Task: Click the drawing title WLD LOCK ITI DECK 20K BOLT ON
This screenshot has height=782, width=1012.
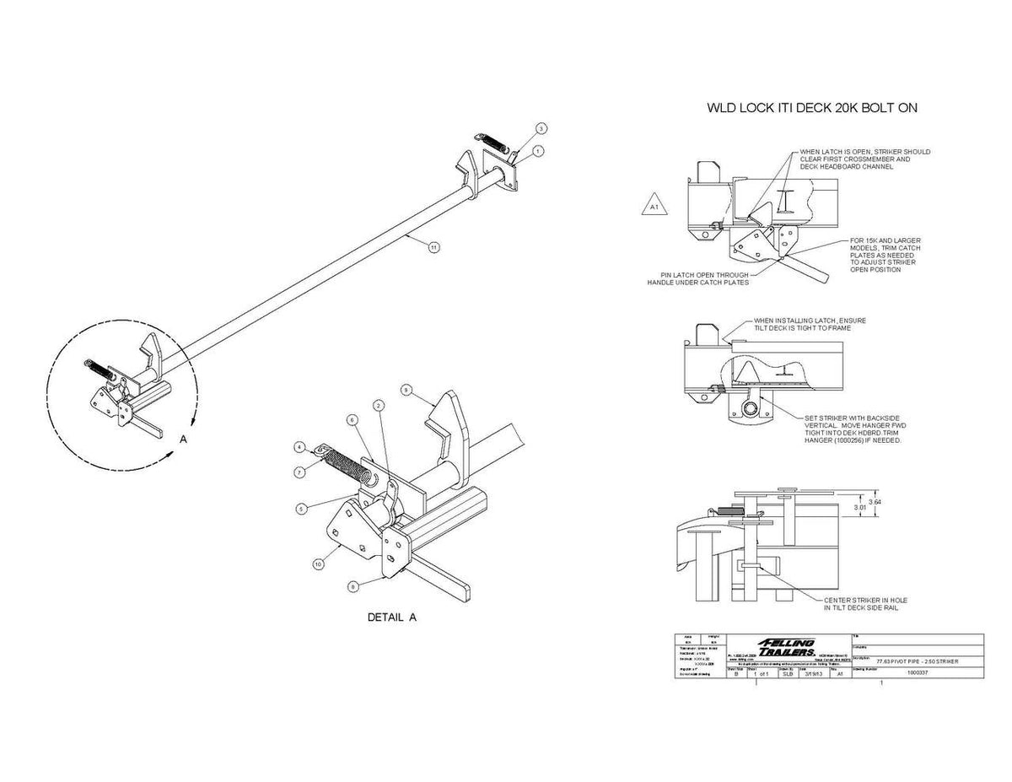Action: point(811,108)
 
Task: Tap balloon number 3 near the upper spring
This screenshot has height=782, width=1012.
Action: point(542,128)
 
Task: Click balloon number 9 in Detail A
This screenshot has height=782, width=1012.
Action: point(406,391)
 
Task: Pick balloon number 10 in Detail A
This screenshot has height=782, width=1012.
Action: point(318,564)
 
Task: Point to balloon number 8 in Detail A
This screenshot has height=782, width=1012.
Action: point(353,585)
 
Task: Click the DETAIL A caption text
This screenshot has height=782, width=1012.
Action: point(392,618)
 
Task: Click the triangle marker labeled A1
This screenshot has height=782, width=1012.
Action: point(654,205)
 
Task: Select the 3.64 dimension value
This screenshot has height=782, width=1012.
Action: point(875,502)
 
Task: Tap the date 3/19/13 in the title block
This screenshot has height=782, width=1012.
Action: point(813,674)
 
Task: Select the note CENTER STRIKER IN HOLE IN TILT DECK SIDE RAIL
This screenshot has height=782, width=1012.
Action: point(864,603)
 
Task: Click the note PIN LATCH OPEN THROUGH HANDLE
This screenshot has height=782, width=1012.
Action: point(697,278)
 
